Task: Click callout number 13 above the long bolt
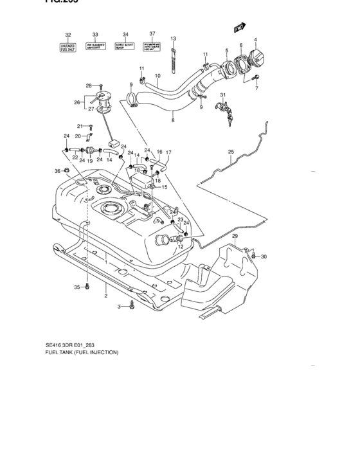pyautogui.click(x=173, y=39)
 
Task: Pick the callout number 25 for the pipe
pyautogui.click(x=231, y=152)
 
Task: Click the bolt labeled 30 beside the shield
pyautogui.click(x=255, y=256)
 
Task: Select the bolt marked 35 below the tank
pyautogui.click(x=88, y=287)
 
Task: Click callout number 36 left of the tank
pyautogui.click(x=57, y=171)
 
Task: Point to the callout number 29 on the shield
pyautogui.click(x=235, y=238)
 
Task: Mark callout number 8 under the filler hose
pyautogui.click(x=172, y=120)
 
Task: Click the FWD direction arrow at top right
pyautogui.click(x=240, y=28)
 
